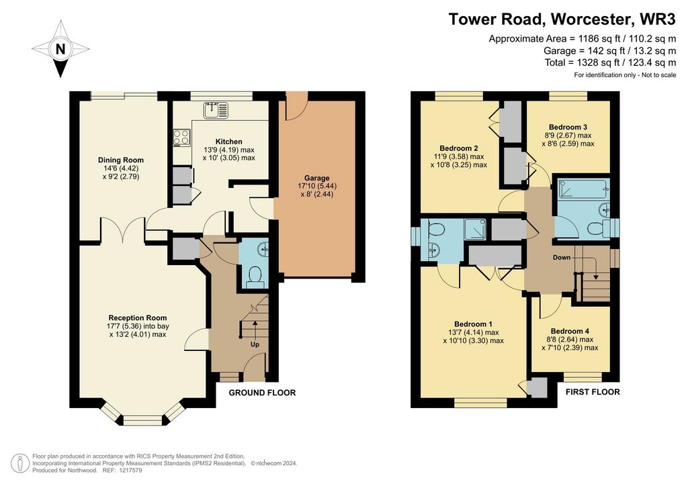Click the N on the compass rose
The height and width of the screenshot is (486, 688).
(x=60, y=49)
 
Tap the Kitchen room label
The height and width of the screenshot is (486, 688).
(x=228, y=142)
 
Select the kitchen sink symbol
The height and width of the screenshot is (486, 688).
(x=216, y=110)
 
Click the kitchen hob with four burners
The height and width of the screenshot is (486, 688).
(x=181, y=137)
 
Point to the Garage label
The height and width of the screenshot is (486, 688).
(x=317, y=178)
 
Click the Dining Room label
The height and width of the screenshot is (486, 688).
(x=121, y=160)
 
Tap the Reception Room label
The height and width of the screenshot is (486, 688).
(x=138, y=318)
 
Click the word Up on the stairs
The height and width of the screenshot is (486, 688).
(x=255, y=344)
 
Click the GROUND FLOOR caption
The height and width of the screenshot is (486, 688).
(x=262, y=393)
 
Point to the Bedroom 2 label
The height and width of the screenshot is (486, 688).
(x=458, y=148)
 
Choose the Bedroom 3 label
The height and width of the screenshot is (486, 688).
(x=568, y=127)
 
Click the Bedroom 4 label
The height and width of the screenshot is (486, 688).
(x=570, y=332)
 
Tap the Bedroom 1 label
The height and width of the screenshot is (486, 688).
(x=474, y=324)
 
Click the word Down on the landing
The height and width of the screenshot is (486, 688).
(x=562, y=257)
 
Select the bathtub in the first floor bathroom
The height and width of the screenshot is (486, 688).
(x=583, y=189)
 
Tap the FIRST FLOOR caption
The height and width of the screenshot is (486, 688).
(x=593, y=392)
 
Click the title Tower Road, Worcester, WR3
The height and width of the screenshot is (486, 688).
(x=562, y=19)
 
